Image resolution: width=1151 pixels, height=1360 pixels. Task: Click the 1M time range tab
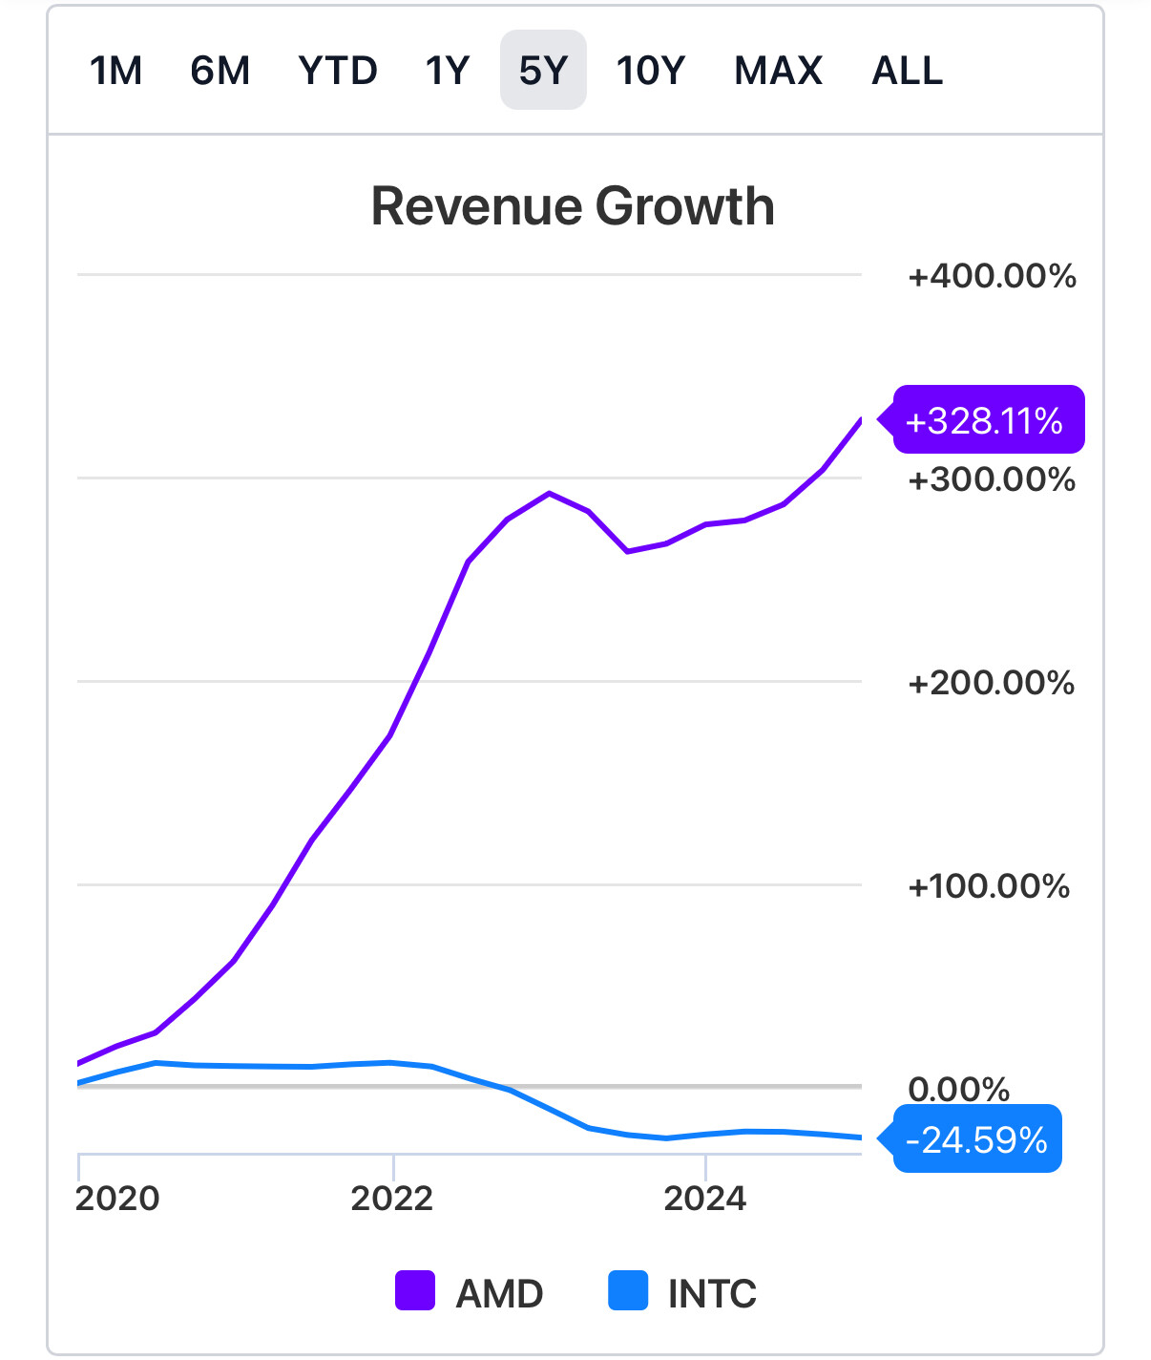(x=115, y=71)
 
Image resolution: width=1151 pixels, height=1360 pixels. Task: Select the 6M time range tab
(x=220, y=71)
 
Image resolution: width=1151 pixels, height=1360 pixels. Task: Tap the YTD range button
(x=338, y=71)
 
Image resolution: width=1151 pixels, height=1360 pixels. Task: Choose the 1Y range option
(x=448, y=71)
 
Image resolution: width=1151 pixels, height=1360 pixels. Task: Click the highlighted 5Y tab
(x=543, y=71)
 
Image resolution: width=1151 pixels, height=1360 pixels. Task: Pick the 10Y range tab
(x=651, y=71)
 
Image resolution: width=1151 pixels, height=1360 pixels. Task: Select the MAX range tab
(x=778, y=71)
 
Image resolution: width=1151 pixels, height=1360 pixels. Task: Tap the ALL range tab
(x=907, y=71)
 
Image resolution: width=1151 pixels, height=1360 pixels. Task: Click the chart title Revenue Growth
(x=573, y=206)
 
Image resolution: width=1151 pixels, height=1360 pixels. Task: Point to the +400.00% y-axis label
(x=992, y=276)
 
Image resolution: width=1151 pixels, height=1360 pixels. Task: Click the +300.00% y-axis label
(x=992, y=479)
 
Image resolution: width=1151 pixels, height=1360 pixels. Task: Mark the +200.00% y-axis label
(x=992, y=683)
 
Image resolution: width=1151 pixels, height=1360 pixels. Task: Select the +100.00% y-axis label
(x=989, y=886)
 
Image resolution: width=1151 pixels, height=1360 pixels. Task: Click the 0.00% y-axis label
(x=958, y=1089)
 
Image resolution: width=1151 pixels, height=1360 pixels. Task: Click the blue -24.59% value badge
(x=976, y=1139)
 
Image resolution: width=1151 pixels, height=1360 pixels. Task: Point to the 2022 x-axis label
(x=392, y=1198)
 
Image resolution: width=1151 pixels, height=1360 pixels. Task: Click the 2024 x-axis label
(x=704, y=1198)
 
